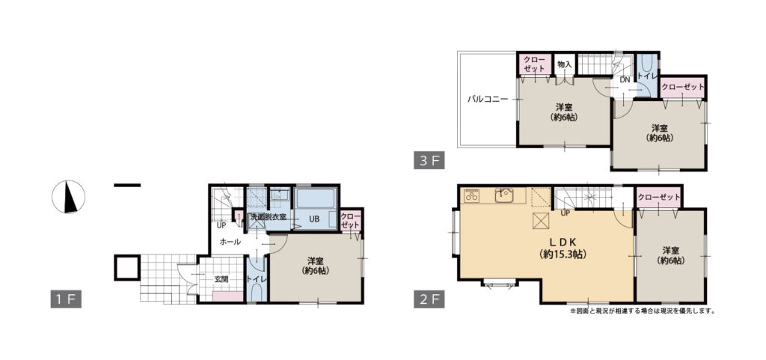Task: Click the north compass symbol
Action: (x=68, y=197)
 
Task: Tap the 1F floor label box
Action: (x=66, y=299)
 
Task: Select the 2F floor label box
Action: (x=429, y=299)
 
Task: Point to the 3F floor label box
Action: (x=429, y=161)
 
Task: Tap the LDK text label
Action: (x=563, y=242)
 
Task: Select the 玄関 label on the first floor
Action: (x=221, y=279)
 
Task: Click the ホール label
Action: (x=230, y=241)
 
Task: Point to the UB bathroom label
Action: (x=313, y=219)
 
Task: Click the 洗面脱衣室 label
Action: (x=269, y=216)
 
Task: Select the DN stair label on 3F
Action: (x=625, y=79)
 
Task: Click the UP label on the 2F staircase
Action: (x=566, y=213)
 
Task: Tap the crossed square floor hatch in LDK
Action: (x=540, y=221)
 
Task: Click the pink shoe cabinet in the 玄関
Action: (x=228, y=296)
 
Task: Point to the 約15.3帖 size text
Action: (x=563, y=254)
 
